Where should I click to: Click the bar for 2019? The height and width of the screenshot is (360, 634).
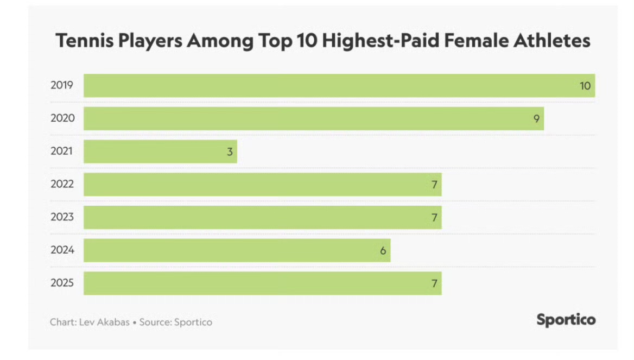coord(339,86)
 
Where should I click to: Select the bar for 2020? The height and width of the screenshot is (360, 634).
coord(314,119)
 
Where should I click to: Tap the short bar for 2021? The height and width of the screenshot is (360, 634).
coord(160,151)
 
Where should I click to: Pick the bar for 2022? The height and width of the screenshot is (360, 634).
coord(262,185)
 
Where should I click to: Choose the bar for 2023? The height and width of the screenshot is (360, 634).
coord(262,218)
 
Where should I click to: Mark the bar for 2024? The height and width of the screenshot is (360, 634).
coord(237,251)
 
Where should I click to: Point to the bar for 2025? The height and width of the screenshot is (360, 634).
coord(262,283)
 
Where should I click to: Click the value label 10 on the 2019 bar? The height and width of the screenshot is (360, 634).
coord(585,86)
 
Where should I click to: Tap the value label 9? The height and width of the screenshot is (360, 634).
coord(536,119)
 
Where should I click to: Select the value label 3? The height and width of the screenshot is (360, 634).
coord(230,151)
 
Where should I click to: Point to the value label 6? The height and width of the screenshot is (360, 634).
coord(383,251)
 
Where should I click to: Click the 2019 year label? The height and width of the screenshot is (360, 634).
coord(62,85)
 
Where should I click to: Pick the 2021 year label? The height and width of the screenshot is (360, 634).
coord(62,151)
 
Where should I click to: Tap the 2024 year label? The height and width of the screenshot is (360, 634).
coord(62,251)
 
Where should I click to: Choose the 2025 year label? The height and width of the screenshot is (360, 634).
coord(62,283)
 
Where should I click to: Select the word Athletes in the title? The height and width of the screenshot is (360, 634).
coord(550,41)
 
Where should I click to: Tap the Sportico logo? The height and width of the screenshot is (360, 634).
coord(566,320)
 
